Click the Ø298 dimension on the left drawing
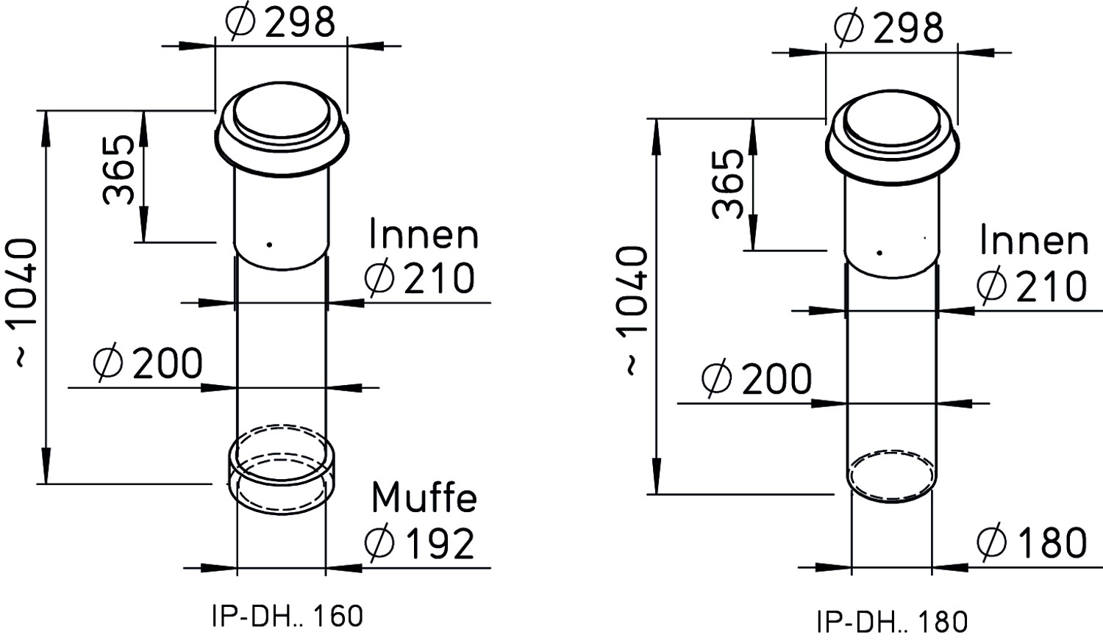pyautogui.click(x=280, y=21)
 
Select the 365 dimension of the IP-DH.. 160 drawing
pyautogui.click(x=118, y=170)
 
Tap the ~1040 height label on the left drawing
pyautogui.click(x=24, y=303)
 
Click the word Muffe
pyautogui.click(x=424, y=498)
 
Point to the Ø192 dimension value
pyautogui.click(x=420, y=544)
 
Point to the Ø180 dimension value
pyautogui.click(x=1032, y=543)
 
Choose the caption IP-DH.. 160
pyautogui.click(x=288, y=616)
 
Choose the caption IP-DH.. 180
pyautogui.click(x=892, y=622)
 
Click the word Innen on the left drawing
pyautogui.click(x=424, y=235)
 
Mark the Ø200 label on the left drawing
pyautogui.click(x=148, y=364)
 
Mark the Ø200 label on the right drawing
pyautogui.click(x=757, y=379)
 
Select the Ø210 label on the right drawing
pyautogui.click(x=1032, y=286)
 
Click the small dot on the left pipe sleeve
pyautogui.click(x=269, y=245)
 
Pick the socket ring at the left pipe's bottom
pyautogui.click(x=229, y=472)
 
